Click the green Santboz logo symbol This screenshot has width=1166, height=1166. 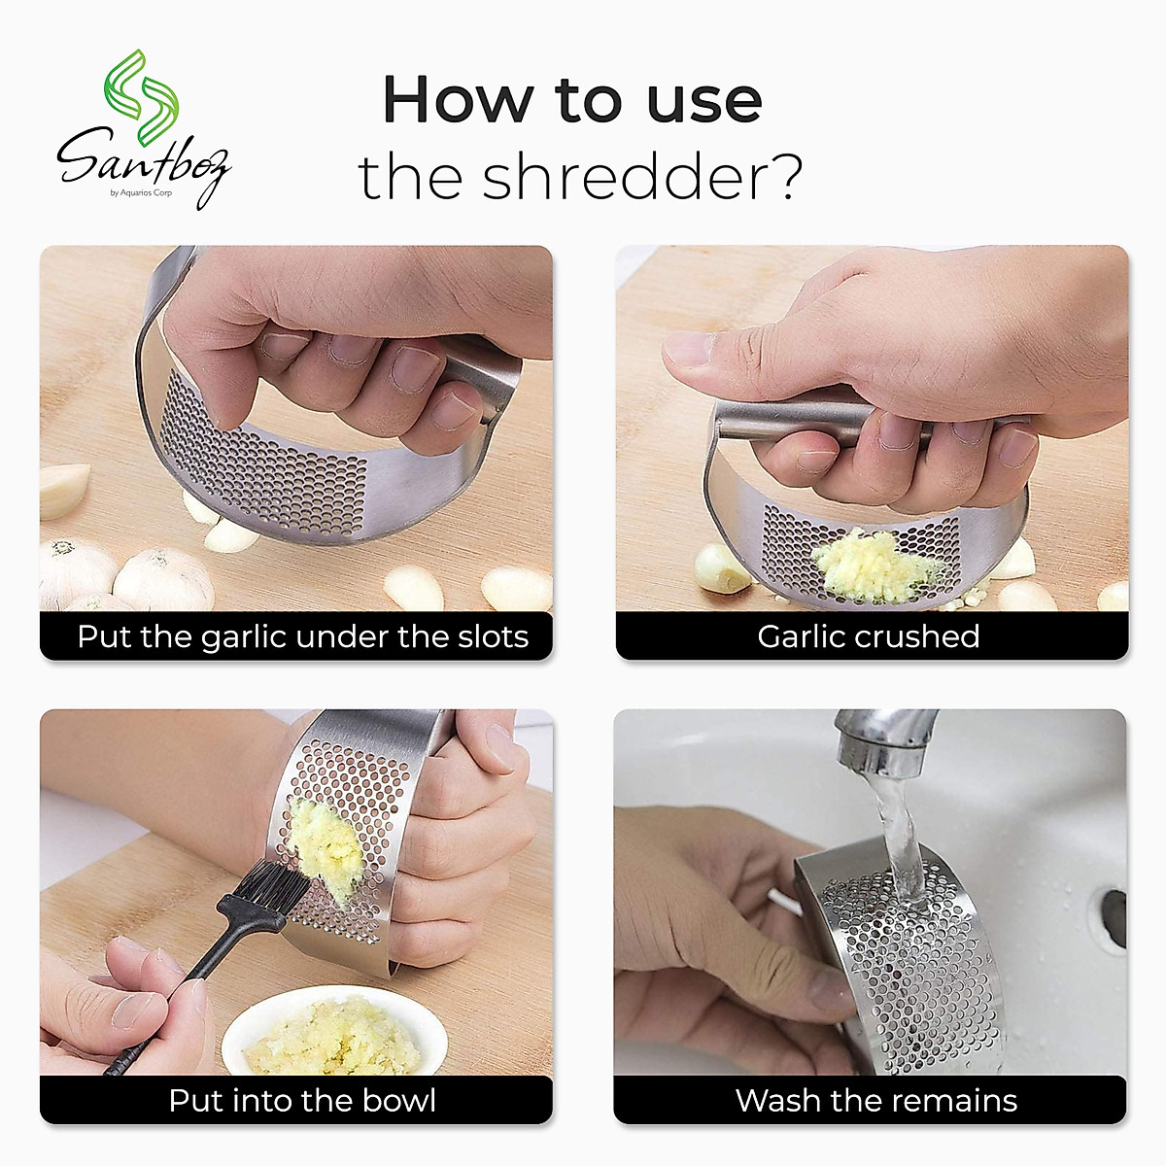coord(142,97)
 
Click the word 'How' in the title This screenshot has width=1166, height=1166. coord(458,100)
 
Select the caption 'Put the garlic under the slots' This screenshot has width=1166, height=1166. coord(302,636)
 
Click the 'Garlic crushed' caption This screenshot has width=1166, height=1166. coord(868,636)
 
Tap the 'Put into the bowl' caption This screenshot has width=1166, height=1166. coord(302,1100)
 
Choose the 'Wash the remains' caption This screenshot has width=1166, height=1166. coord(875,1100)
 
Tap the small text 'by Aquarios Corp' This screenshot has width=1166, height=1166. coord(141,192)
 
